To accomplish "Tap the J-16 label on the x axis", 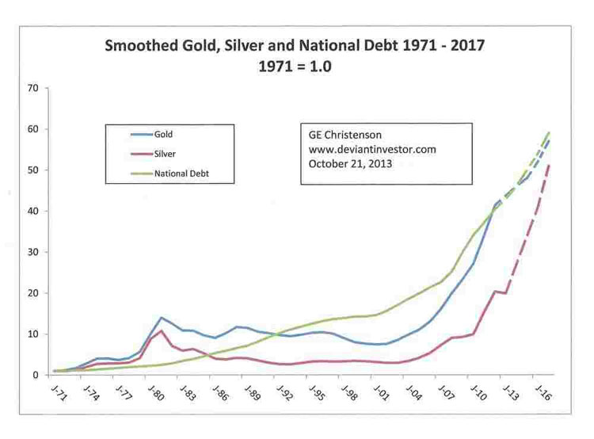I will click(543, 393).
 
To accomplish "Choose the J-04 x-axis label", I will click(413, 393).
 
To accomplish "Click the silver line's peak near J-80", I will click(162, 330).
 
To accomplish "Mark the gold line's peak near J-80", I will click(162, 318).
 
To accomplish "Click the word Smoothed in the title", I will click(143, 46).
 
